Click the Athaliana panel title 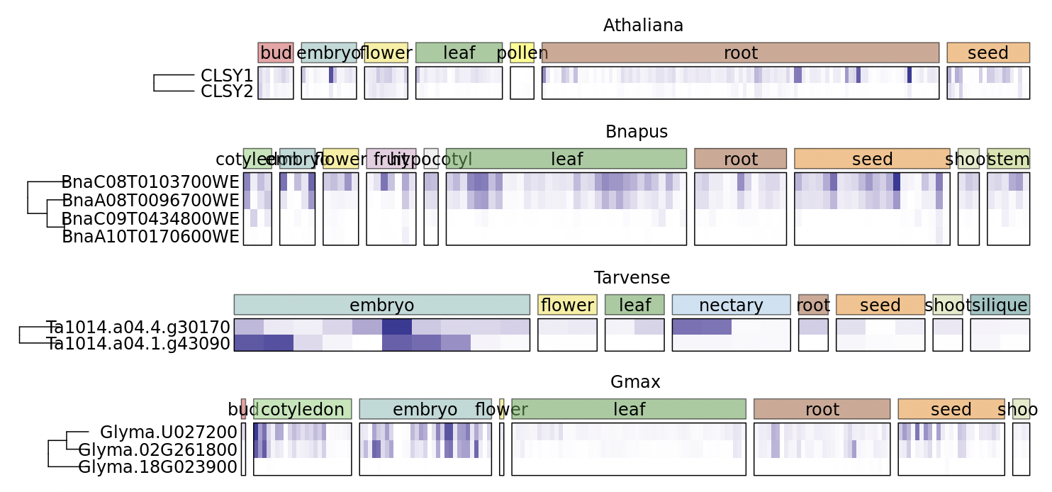643,26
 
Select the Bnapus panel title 636,132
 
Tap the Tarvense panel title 632,278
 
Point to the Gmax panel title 635,382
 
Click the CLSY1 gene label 227,75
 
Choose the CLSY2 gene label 227,91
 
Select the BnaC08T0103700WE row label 150,182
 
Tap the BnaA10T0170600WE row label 150,236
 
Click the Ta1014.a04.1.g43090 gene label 138,343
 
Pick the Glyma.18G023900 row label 157,467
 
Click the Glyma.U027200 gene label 168,432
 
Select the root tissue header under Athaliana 740,52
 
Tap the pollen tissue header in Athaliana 522,52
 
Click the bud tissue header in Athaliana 276,52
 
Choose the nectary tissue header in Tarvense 731,305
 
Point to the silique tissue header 1000,305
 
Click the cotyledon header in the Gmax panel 302,409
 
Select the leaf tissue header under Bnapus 566,159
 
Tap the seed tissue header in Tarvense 880,305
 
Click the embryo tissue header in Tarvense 381,305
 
